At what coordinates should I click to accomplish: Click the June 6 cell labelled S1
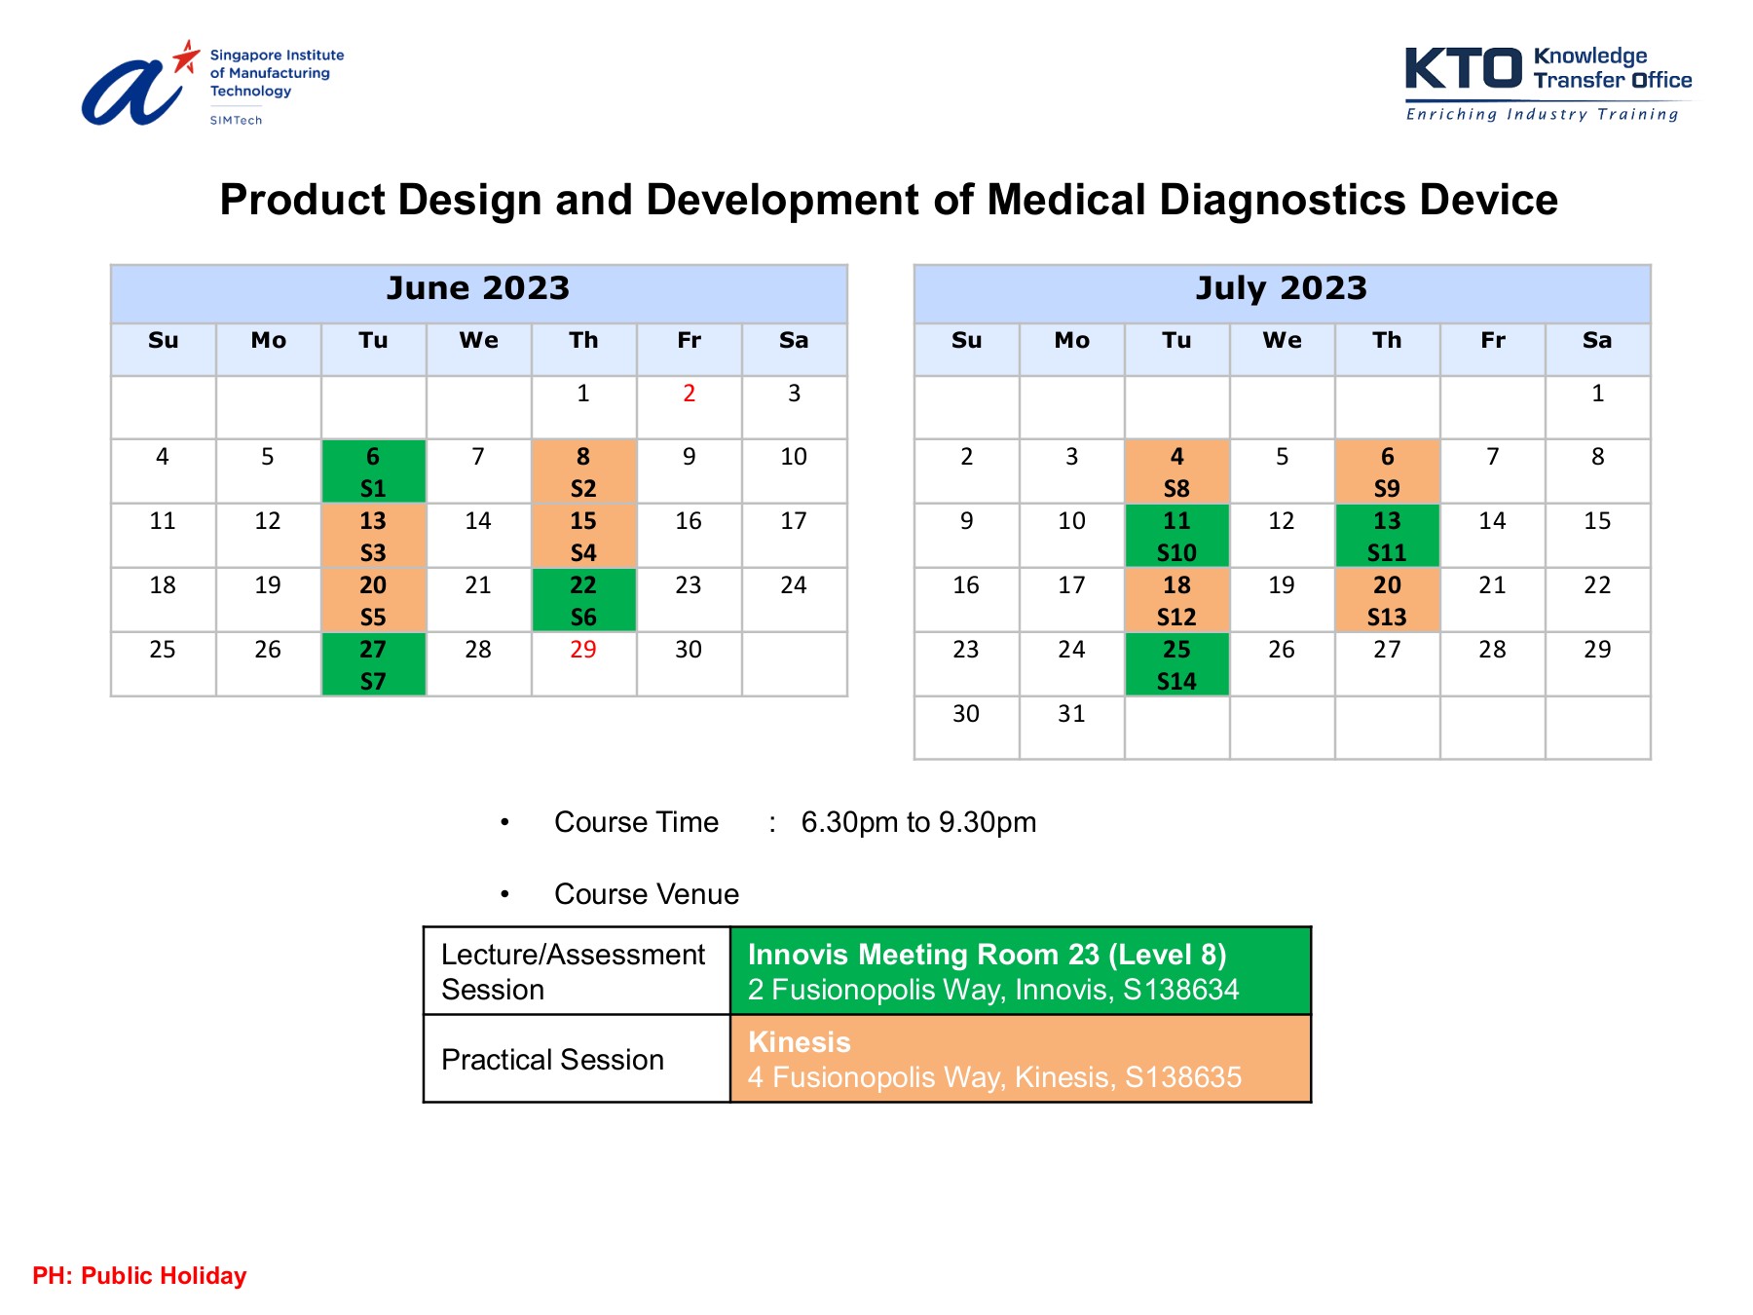[x=373, y=471]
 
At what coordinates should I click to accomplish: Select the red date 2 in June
[x=689, y=394]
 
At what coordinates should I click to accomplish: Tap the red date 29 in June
[x=582, y=650]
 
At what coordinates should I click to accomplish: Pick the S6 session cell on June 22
[x=583, y=600]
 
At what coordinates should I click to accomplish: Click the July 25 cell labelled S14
[x=1176, y=664]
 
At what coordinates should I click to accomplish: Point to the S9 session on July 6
[x=1387, y=471]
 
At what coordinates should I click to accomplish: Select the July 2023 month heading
[x=1281, y=288]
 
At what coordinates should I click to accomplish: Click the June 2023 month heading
[x=477, y=288]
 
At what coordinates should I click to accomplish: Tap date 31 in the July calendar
[x=1071, y=714]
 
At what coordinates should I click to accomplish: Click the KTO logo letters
[x=1463, y=70]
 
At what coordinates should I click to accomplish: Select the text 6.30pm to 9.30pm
[x=917, y=822]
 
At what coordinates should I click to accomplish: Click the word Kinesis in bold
[x=799, y=1042]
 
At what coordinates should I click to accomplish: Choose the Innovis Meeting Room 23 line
[x=987, y=955]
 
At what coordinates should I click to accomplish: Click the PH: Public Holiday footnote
[x=139, y=1275]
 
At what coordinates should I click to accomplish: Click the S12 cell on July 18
[x=1176, y=600]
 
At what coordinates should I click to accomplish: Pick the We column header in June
[x=478, y=341]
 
